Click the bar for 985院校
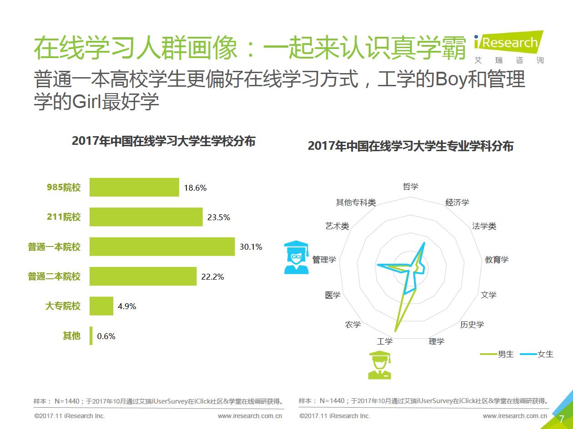(134, 187)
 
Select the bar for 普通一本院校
(162, 247)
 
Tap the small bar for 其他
(91, 336)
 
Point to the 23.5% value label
(219, 217)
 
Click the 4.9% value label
(127, 306)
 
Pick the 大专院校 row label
(63, 306)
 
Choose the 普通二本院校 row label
(54, 276)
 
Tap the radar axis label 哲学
(411, 187)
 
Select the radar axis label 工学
(385, 341)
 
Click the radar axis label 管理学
(324, 260)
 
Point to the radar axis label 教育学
(497, 260)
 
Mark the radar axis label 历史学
(472, 325)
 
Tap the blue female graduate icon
(296, 257)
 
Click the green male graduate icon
(380, 365)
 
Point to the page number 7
(561, 419)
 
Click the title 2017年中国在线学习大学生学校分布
(164, 141)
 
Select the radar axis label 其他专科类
(356, 202)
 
